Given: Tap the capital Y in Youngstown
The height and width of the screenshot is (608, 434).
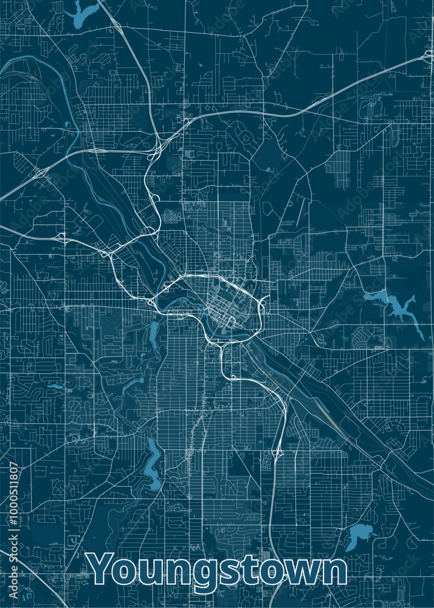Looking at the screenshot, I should pyautogui.click(x=103, y=569).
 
